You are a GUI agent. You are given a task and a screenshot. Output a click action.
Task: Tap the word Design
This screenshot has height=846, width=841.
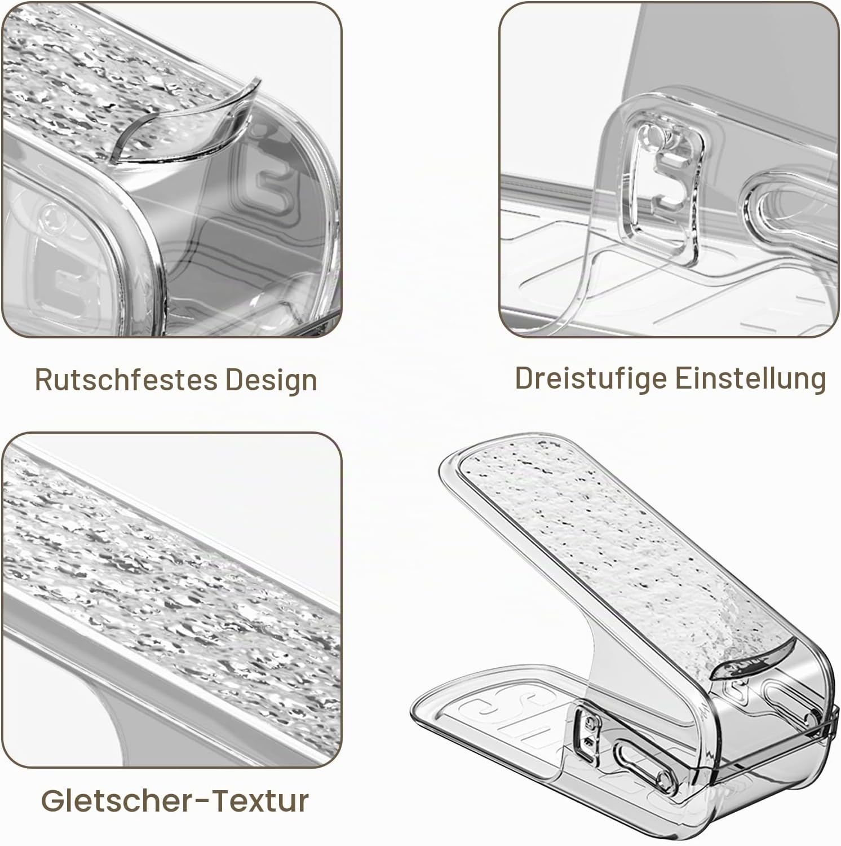tap(272, 381)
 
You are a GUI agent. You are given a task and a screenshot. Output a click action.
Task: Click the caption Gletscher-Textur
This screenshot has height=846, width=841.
tap(175, 800)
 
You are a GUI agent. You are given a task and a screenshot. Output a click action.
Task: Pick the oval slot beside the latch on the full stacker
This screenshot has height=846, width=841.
tap(637, 759)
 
